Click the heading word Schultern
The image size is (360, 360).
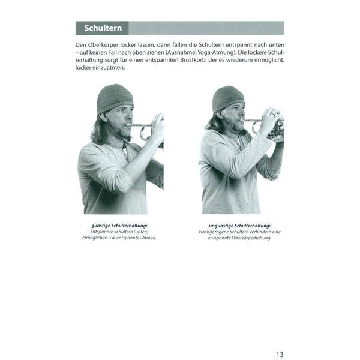[x=103, y=28]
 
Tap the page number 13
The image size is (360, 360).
[x=280, y=355]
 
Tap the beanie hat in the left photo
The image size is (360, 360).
[x=115, y=98]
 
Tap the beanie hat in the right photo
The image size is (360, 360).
[x=228, y=99]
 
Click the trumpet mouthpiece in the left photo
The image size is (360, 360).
[x=130, y=125]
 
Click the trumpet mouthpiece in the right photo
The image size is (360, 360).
[x=243, y=120]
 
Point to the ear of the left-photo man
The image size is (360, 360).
[x=104, y=118]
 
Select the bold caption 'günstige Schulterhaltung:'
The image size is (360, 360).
[x=119, y=226]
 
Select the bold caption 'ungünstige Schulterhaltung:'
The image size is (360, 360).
[x=239, y=226]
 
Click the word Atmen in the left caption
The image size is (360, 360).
[x=149, y=238]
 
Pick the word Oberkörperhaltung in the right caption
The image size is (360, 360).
[x=251, y=238]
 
